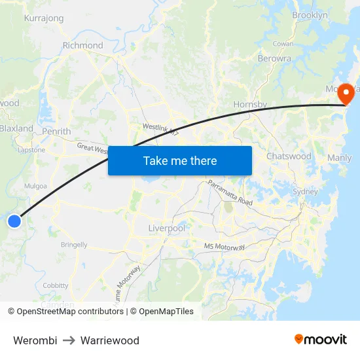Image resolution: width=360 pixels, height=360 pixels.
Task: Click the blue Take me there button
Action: [180, 160]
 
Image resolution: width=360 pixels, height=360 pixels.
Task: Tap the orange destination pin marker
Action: [345, 94]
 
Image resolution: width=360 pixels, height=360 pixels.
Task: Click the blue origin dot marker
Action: [14, 221]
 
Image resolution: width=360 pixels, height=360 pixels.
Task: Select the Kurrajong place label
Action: [44, 18]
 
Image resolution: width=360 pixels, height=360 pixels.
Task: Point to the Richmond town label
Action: [83, 45]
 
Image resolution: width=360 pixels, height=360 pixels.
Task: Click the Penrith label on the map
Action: [56, 132]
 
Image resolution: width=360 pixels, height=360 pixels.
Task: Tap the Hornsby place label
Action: [250, 105]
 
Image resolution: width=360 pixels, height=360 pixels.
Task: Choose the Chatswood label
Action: [289, 156]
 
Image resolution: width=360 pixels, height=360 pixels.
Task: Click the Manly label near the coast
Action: [339, 158]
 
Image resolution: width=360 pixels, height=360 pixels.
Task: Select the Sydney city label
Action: [305, 192]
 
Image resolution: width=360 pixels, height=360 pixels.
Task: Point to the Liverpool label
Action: [167, 228]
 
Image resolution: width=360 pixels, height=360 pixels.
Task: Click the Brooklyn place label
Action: [310, 15]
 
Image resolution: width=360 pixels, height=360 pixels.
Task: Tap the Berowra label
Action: [275, 58]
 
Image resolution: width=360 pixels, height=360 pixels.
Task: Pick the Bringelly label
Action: [74, 245]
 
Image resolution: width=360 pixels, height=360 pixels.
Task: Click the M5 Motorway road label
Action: [225, 247]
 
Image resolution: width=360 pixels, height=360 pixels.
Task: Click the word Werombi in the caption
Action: [35, 340]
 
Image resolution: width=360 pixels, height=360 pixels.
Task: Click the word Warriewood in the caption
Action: [110, 340]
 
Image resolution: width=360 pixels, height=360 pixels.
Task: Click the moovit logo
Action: [321, 339]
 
